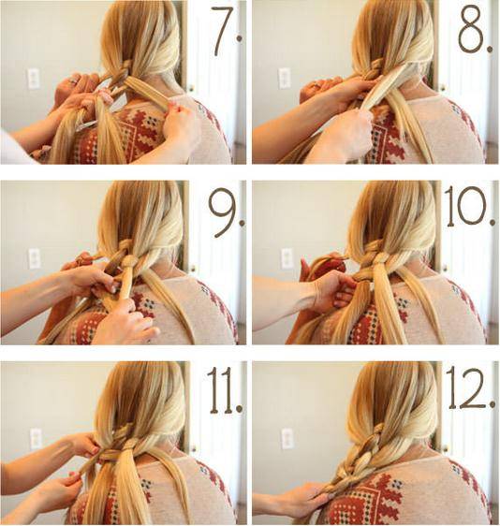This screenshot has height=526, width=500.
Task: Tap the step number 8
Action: tap(476, 27)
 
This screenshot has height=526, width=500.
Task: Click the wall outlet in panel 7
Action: tap(34, 79)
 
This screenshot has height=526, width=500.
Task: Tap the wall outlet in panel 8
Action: tap(285, 78)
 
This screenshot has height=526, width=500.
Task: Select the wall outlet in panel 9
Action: tap(35, 258)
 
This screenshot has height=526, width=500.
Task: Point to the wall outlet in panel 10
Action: tap(286, 258)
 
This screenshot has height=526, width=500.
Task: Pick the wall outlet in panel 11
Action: tap(36, 439)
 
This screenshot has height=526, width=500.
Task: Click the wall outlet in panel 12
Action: tap(287, 438)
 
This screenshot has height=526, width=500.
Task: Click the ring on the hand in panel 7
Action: tap(75, 80)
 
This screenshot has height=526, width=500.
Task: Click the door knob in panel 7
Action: tap(191, 88)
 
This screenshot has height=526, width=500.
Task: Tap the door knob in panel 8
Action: tap(443, 88)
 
